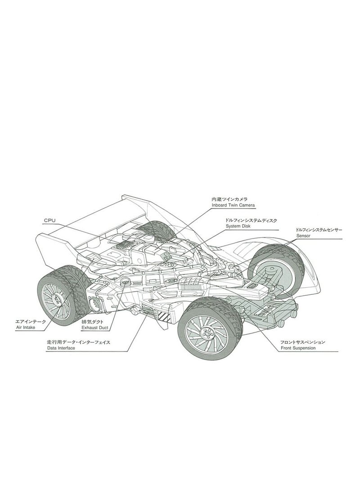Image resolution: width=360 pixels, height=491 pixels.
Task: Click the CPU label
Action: tap(49, 221)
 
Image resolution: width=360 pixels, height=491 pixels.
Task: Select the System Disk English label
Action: tap(239, 226)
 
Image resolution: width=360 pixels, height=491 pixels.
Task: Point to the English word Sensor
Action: tap(304, 235)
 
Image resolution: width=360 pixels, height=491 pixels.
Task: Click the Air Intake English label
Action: tap(25, 328)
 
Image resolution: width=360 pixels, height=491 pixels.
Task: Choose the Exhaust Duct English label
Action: tap(94, 329)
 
